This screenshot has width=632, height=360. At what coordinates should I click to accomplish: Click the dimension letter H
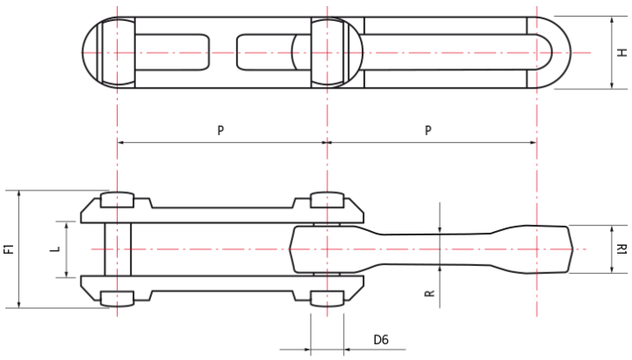(622, 53)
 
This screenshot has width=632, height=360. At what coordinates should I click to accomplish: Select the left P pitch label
(221, 130)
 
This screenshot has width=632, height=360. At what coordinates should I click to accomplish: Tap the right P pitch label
(428, 130)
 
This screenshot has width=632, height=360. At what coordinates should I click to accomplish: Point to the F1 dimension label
(8, 249)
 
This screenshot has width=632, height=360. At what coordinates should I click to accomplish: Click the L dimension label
(55, 249)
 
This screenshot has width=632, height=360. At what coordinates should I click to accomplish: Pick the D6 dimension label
(381, 340)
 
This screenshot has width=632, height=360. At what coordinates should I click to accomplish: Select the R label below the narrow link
(429, 292)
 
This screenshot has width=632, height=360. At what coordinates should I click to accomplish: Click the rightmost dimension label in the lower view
(622, 249)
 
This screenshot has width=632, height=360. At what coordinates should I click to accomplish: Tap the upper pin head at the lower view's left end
(118, 200)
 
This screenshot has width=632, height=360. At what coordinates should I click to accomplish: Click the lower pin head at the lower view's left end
(118, 298)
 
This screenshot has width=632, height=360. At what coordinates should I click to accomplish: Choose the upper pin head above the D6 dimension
(327, 200)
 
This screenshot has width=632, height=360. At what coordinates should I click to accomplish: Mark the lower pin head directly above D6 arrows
(327, 298)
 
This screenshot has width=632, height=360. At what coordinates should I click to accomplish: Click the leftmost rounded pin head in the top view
(110, 53)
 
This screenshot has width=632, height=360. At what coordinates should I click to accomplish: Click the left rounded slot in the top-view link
(176, 53)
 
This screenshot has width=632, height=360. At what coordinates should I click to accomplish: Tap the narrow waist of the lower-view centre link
(439, 249)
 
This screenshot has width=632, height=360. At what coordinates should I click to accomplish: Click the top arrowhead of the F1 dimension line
(18, 193)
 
